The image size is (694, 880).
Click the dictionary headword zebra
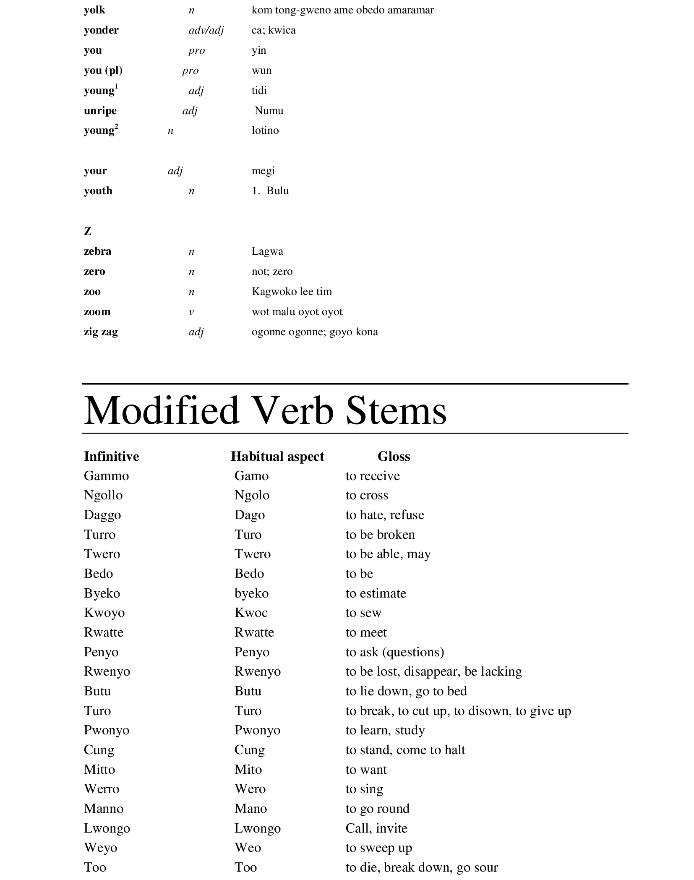(x=97, y=251)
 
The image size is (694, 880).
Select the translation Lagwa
(x=267, y=251)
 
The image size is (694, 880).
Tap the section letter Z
(x=88, y=231)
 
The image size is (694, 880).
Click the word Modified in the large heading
(x=162, y=410)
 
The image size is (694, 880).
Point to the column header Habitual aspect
(x=277, y=457)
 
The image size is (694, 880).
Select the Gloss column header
(x=394, y=457)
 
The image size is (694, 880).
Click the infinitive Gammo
(x=106, y=476)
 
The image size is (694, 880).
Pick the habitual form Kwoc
(x=251, y=613)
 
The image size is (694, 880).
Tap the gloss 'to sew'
(x=363, y=613)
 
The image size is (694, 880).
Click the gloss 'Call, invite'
(x=376, y=828)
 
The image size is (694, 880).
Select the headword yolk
(x=94, y=10)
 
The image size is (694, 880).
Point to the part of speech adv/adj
(x=206, y=30)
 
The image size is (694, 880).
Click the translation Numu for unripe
(x=269, y=111)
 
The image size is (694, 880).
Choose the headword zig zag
(x=101, y=332)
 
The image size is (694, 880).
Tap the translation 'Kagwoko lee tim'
(x=292, y=292)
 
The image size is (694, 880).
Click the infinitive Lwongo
(x=107, y=828)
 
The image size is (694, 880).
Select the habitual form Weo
(x=248, y=848)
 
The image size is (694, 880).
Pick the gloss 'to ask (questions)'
(x=395, y=652)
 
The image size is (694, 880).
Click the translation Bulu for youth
(x=277, y=191)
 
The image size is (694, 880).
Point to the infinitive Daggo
(x=102, y=515)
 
